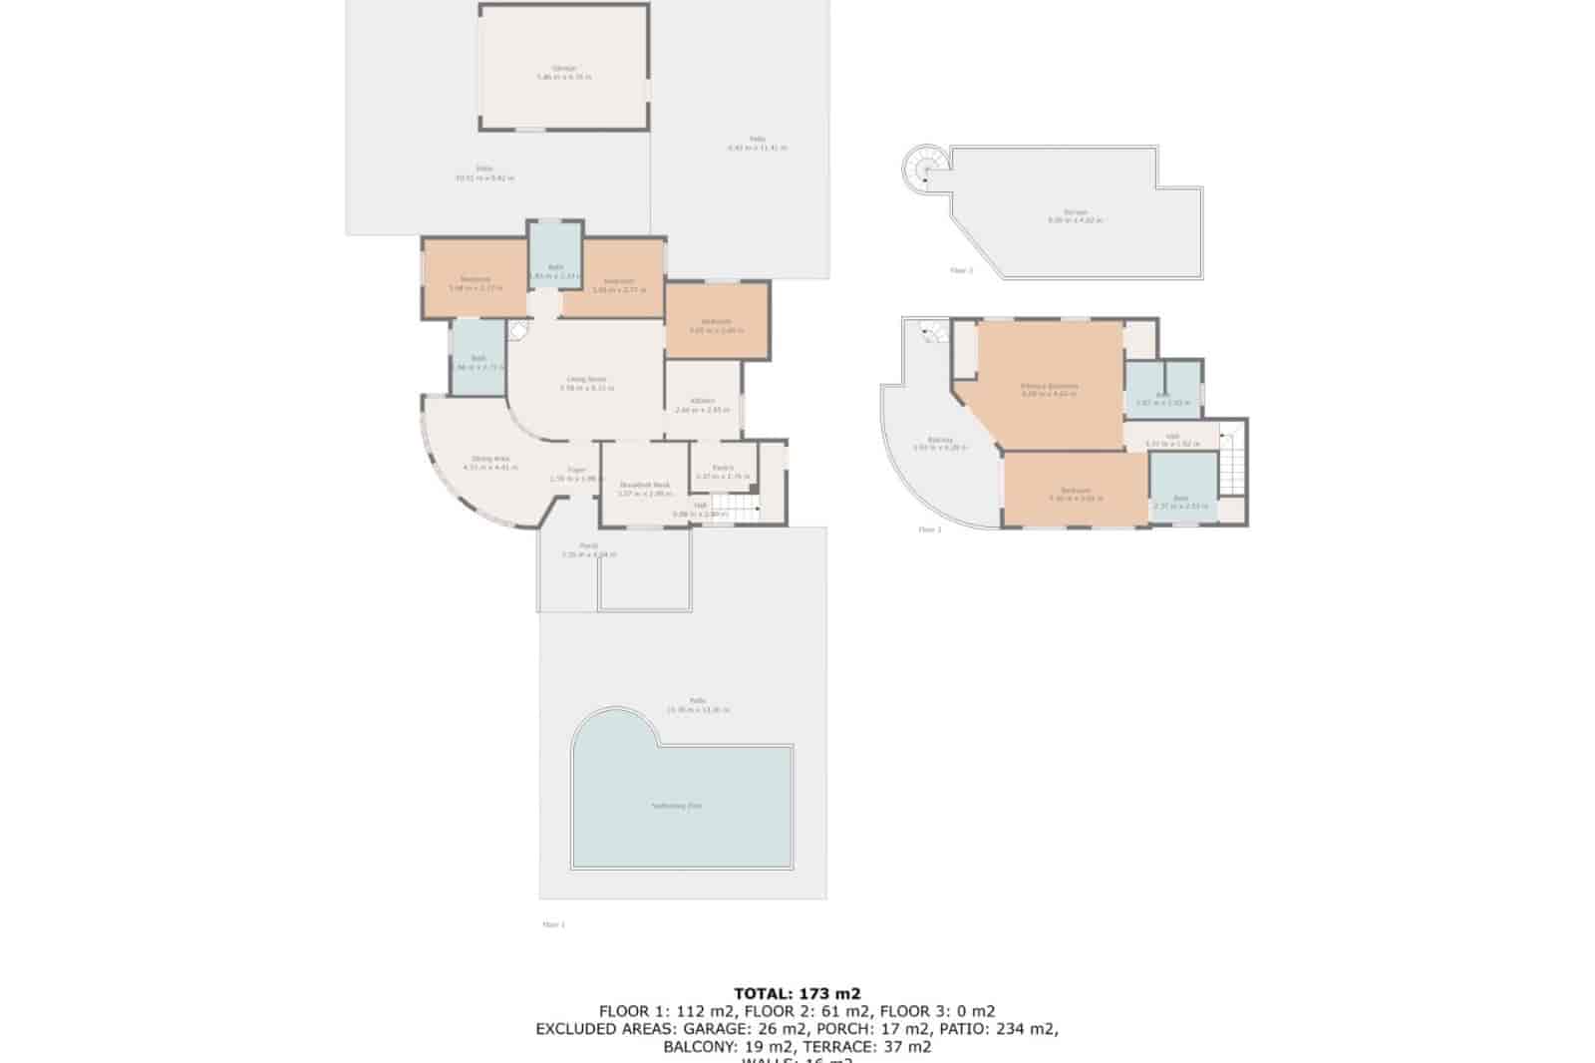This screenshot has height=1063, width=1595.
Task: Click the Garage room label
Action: [x=564, y=69]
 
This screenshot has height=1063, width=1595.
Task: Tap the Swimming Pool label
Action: [x=676, y=805]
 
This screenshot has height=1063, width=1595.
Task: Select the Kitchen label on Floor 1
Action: [x=703, y=401]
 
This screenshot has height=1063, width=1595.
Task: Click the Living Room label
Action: [x=586, y=379]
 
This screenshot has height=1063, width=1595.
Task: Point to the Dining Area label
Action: [x=490, y=459]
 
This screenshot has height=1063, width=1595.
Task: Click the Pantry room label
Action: [x=723, y=468]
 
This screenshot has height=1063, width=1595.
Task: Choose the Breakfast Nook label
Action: [x=645, y=485]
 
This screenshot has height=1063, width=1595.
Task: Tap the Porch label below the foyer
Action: [x=589, y=545]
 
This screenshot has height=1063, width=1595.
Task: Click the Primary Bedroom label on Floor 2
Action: [x=1050, y=386]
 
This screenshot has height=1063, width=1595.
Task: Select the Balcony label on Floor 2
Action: [x=940, y=440]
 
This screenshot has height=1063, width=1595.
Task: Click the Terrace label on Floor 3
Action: [x=1075, y=212]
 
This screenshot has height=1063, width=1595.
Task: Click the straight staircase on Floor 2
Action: [x=1231, y=464]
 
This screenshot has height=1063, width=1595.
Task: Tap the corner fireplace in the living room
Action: [x=518, y=332]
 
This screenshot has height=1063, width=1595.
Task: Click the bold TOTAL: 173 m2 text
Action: [x=797, y=993]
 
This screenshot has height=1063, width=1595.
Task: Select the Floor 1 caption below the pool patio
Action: [x=553, y=924]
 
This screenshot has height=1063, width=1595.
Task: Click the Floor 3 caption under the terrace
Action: [x=961, y=270]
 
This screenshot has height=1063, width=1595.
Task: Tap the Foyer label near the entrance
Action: [x=576, y=469]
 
